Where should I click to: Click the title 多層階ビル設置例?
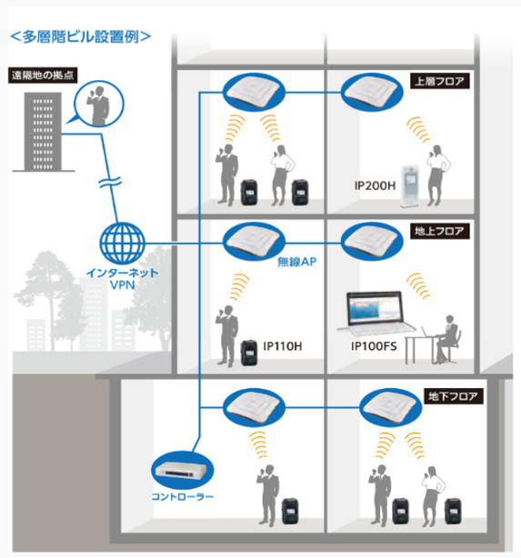(x=81, y=36)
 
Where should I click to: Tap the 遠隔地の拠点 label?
(x=43, y=75)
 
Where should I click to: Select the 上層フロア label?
(x=440, y=81)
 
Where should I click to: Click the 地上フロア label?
(x=440, y=231)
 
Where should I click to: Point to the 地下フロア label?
(x=454, y=395)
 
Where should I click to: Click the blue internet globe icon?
(x=122, y=244)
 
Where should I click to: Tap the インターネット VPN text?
(x=122, y=279)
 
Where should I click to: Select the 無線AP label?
(x=296, y=262)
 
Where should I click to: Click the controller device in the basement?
(x=181, y=471)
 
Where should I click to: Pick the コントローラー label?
(x=183, y=496)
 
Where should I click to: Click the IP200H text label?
(x=375, y=185)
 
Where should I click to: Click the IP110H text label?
(x=283, y=346)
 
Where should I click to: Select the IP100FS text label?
(x=374, y=346)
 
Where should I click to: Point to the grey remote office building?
(x=43, y=132)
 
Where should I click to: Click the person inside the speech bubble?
(x=98, y=105)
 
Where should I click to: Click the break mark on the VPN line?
(x=110, y=182)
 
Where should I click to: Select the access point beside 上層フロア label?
(x=372, y=92)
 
